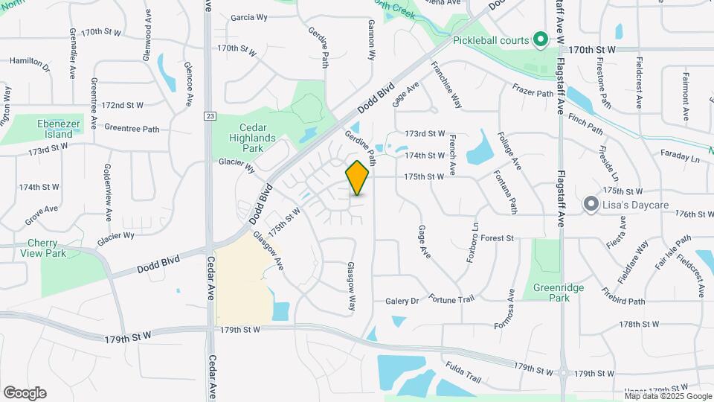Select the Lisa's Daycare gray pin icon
pyautogui.click(x=591, y=203)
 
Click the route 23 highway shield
pyautogui.click(x=210, y=115)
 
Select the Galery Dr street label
pyautogui.click(x=402, y=301)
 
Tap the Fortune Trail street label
pyautogui.click(x=451, y=299)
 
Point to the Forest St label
pyautogui.click(x=498, y=238)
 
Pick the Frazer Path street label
pyautogui.click(x=533, y=92)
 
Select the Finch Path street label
pyautogui.click(x=585, y=124)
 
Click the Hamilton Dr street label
pyautogui.click(x=30, y=64)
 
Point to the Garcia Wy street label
pyautogui.click(x=248, y=17)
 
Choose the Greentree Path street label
pyautogui.click(x=132, y=129)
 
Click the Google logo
pyautogui.click(x=25, y=392)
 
